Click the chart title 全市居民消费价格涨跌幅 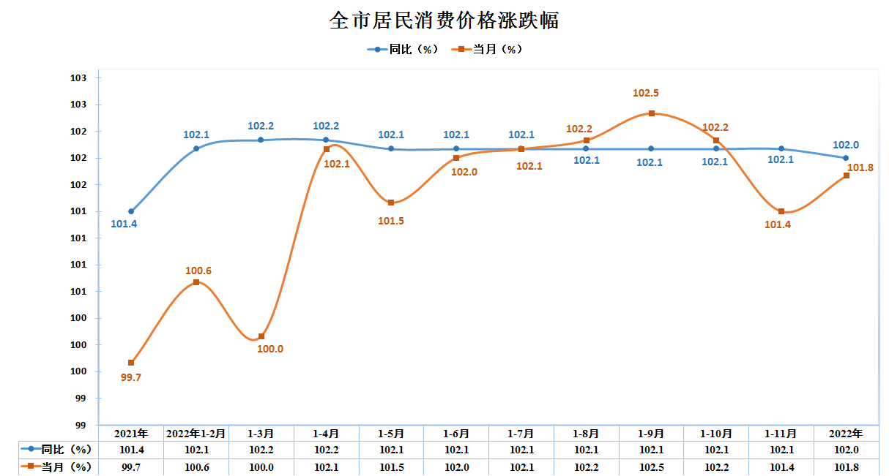click(444, 20)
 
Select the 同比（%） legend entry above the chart click(403, 49)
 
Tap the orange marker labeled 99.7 click(131, 363)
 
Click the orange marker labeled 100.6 click(196, 282)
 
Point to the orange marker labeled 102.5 click(651, 113)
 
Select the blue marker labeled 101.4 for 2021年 click(131, 211)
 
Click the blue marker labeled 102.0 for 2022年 click(846, 158)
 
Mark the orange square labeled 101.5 click(391, 203)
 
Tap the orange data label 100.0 click(270, 349)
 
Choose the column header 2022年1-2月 click(196, 434)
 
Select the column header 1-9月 click(651, 434)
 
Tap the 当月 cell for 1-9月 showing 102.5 click(651, 466)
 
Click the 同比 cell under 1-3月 click(261, 450)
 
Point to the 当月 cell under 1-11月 click(781, 466)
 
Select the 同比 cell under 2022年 click(846, 450)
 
